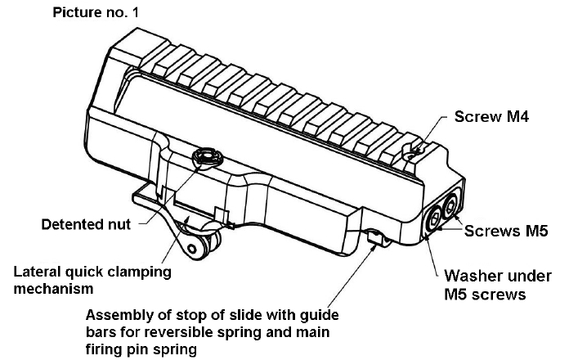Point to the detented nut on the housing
click(x=206, y=155)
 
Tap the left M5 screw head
click(x=432, y=220)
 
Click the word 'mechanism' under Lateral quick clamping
click(x=50, y=289)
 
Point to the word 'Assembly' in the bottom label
click(x=119, y=316)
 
